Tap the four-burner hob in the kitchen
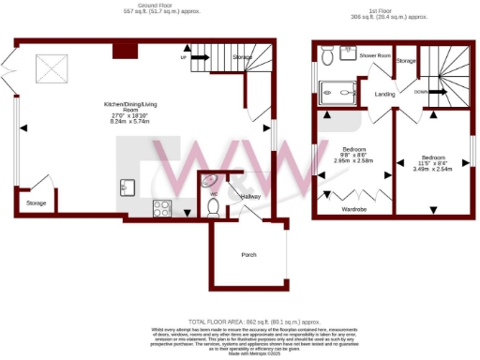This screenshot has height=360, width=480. [x=159, y=209]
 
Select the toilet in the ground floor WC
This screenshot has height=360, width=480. [x=213, y=205]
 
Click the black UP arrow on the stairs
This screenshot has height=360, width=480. [x=185, y=58]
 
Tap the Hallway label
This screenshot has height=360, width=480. [x=250, y=197]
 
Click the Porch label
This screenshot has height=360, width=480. [x=248, y=254]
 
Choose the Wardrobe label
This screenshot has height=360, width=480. [x=353, y=208]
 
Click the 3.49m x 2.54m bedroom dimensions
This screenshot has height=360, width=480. [x=433, y=169]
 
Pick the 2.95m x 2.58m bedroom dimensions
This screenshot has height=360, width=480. [x=353, y=160]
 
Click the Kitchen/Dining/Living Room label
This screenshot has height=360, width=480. [x=130, y=115]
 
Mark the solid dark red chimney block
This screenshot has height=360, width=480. [x=122, y=49]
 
